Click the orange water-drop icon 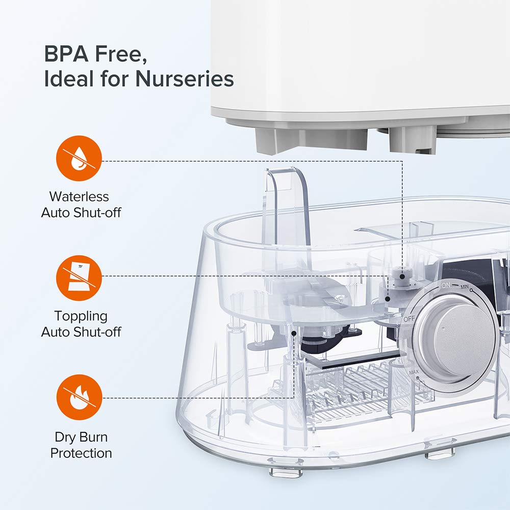point(79,158)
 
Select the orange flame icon point(79,398)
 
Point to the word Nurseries point(185,79)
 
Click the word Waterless point(79,196)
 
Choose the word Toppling point(82,316)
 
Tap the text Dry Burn point(82,437)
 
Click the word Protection point(81,453)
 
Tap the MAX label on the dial point(413,372)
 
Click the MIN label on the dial point(464,288)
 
